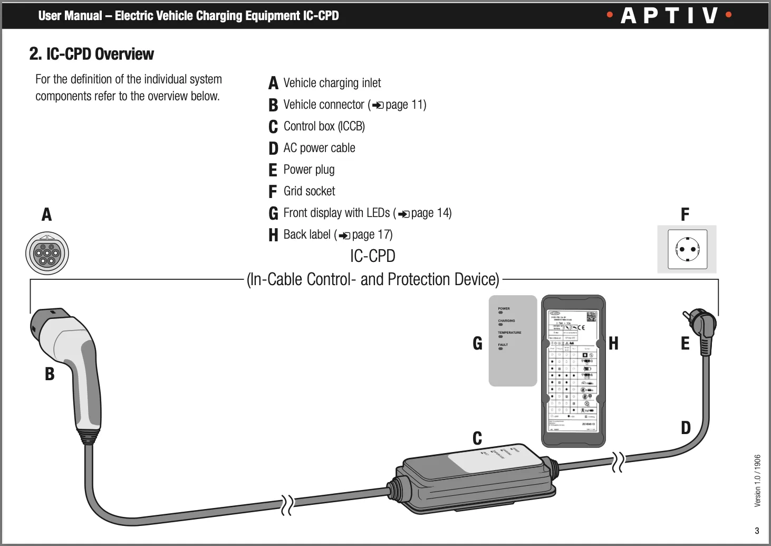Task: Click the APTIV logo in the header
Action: (x=669, y=15)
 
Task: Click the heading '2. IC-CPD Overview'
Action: (x=91, y=54)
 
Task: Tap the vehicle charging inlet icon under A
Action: (x=47, y=253)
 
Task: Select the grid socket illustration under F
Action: (x=687, y=249)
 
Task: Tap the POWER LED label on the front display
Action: (x=504, y=308)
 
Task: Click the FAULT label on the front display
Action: (x=503, y=345)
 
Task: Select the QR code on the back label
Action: (x=591, y=317)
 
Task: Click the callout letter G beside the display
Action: (x=477, y=344)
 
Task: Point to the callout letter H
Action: (x=613, y=344)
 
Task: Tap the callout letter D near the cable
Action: (x=686, y=428)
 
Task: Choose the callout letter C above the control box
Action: (x=477, y=438)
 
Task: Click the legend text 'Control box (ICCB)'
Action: (x=324, y=126)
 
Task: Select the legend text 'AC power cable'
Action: (x=319, y=148)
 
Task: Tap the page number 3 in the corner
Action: (x=757, y=531)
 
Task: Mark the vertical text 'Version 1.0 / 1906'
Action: (x=757, y=481)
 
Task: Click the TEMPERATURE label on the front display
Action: (x=509, y=333)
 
